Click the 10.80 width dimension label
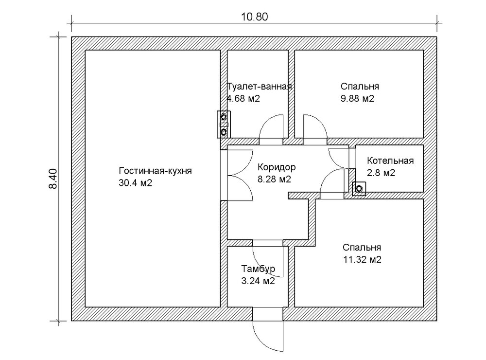click(x=254, y=16)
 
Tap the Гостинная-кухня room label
click(x=156, y=171)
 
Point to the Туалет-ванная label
click(x=259, y=87)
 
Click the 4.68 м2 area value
click(x=243, y=99)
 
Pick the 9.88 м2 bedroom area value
click(x=357, y=99)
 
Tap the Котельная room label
click(x=390, y=161)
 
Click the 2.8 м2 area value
click(x=381, y=173)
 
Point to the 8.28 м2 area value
click(x=274, y=179)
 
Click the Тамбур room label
click(x=258, y=269)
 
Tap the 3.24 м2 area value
click(x=258, y=281)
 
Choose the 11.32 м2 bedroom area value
click(x=361, y=259)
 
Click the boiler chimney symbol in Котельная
click(x=359, y=189)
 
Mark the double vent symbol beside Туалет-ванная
click(x=224, y=124)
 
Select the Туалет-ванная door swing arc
click(x=271, y=129)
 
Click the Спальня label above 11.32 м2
click(x=361, y=247)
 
